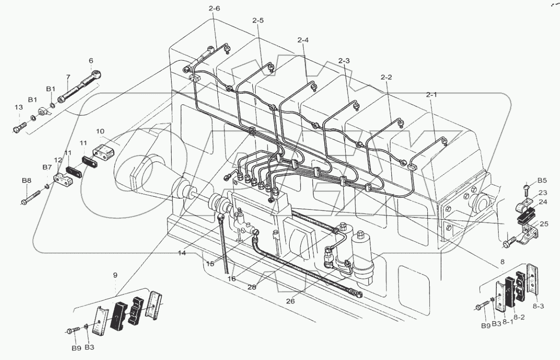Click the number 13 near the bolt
[x=17, y=107]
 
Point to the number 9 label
[x=115, y=275]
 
